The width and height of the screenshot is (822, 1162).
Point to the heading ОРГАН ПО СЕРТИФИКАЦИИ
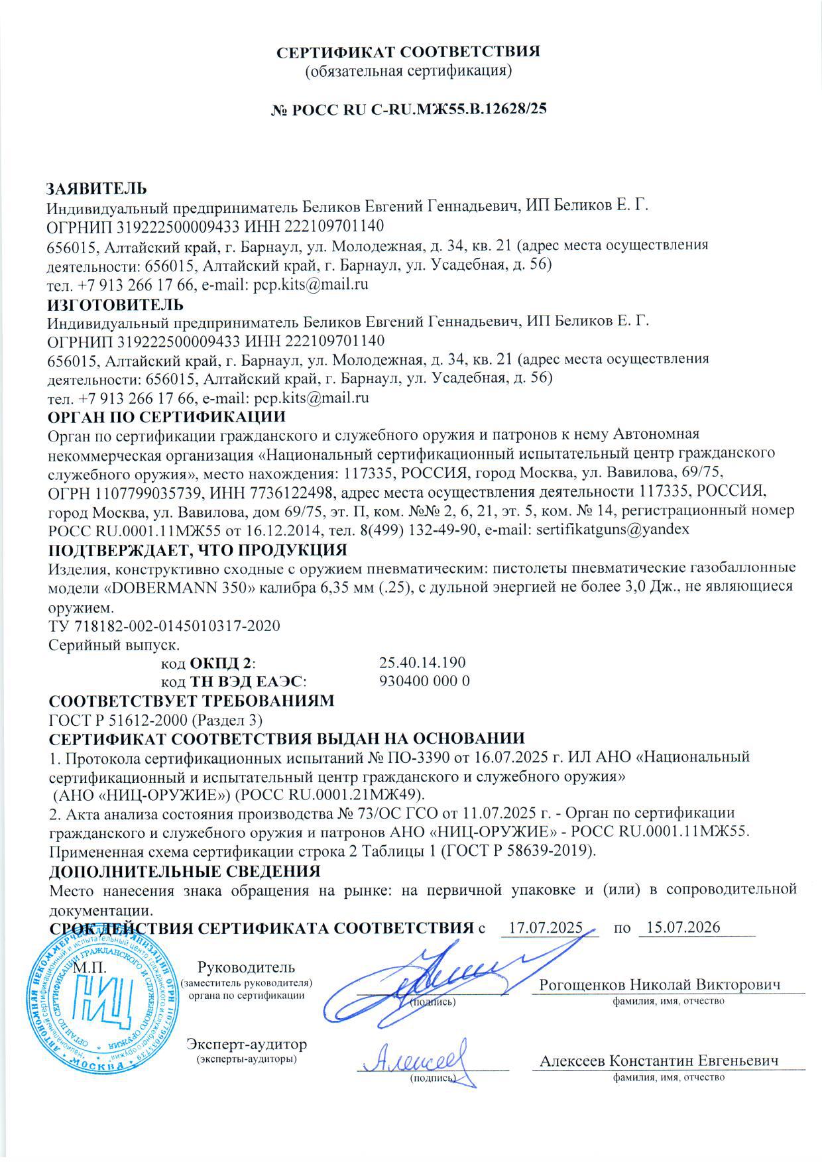[168, 417]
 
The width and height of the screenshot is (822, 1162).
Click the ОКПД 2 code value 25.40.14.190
[422, 662]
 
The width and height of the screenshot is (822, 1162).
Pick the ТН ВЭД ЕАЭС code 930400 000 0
[424, 681]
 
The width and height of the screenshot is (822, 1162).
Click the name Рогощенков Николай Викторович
[660, 984]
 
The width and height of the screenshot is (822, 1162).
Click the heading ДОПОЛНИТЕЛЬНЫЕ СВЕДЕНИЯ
[186, 870]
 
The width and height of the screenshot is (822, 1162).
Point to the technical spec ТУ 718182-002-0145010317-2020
[165, 625]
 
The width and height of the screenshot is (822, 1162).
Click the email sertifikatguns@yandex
[613, 530]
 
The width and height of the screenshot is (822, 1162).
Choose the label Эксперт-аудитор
[247, 1045]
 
